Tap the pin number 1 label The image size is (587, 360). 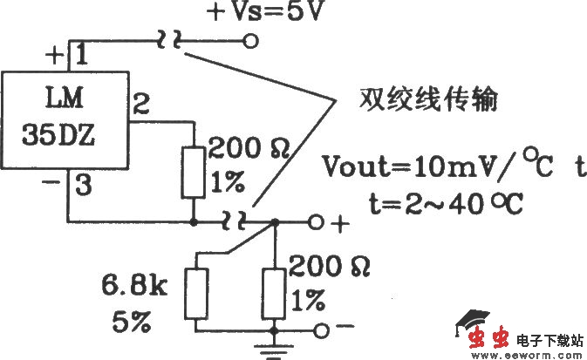(x=78, y=55)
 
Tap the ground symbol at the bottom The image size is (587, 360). (x=276, y=351)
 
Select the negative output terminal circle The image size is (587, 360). (x=323, y=330)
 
